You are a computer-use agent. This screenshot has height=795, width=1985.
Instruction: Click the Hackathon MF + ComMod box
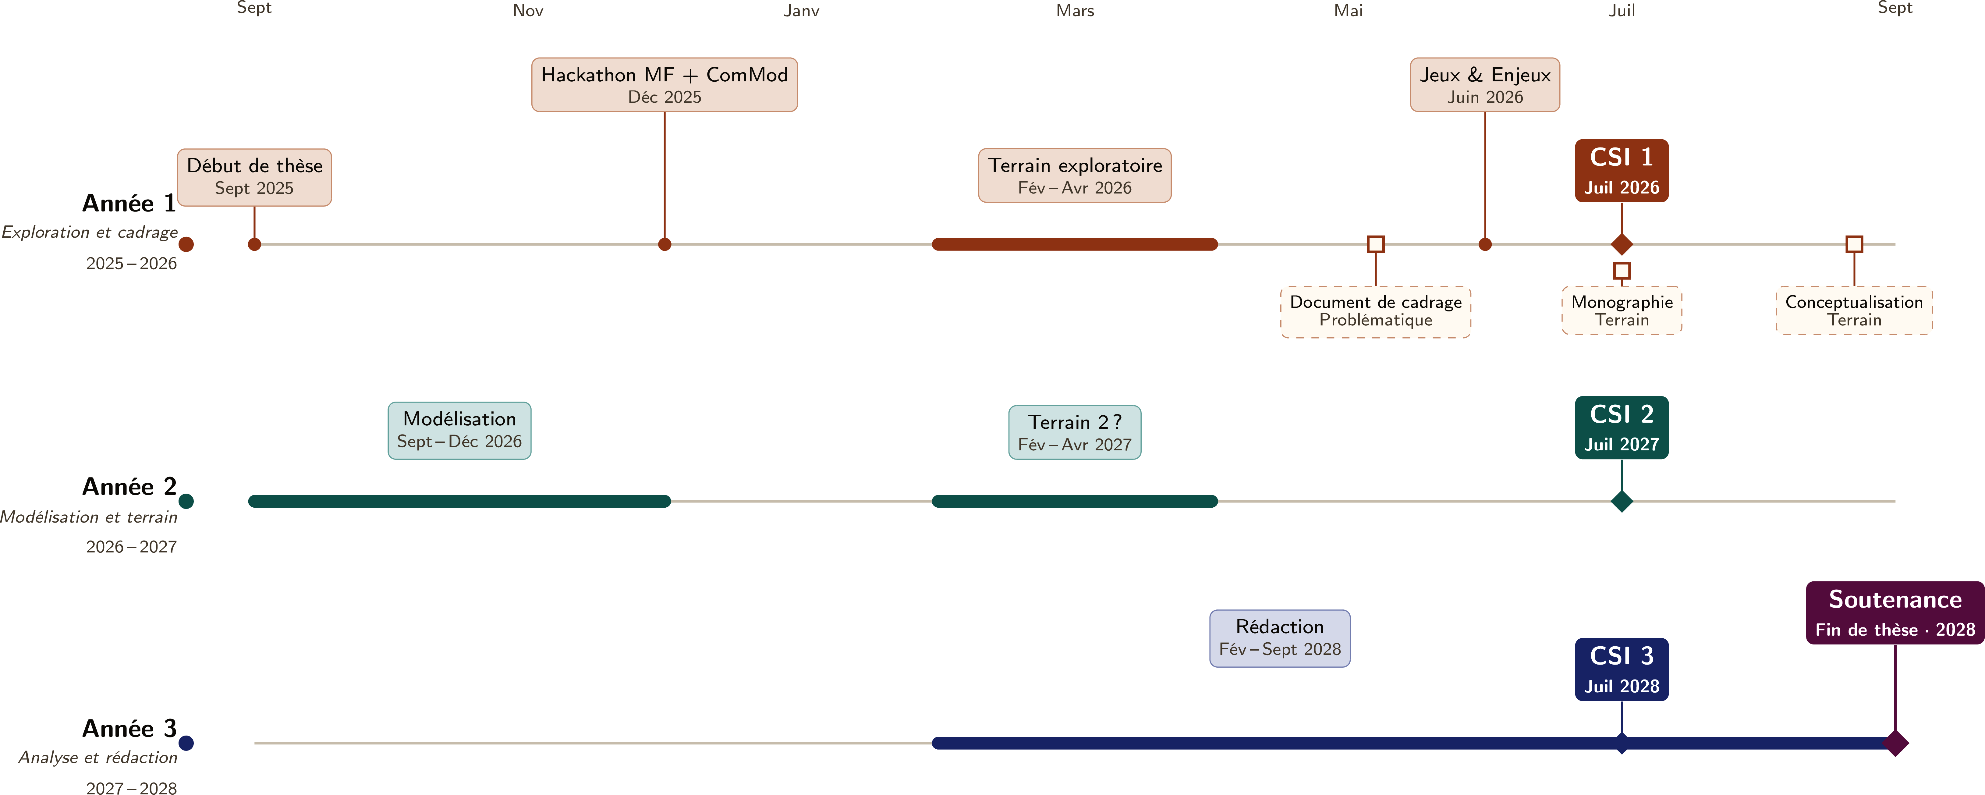(x=664, y=85)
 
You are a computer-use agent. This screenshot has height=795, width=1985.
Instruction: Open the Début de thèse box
(x=254, y=177)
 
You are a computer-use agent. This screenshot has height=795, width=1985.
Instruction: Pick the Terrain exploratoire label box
(x=1075, y=176)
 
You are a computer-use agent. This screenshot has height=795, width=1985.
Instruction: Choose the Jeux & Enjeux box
(x=1485, y=85)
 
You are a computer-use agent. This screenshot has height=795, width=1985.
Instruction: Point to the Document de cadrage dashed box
(x=1375, y=312)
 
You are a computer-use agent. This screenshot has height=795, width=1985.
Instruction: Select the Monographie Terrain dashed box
(x=1622, y=311)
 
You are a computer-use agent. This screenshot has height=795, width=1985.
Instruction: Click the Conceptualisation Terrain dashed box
(x=1854, y=311)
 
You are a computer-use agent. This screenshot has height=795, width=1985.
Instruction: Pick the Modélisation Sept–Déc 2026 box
(x=459, y=431)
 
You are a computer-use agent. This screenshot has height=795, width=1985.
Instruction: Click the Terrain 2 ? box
(x=1075, y=432)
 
